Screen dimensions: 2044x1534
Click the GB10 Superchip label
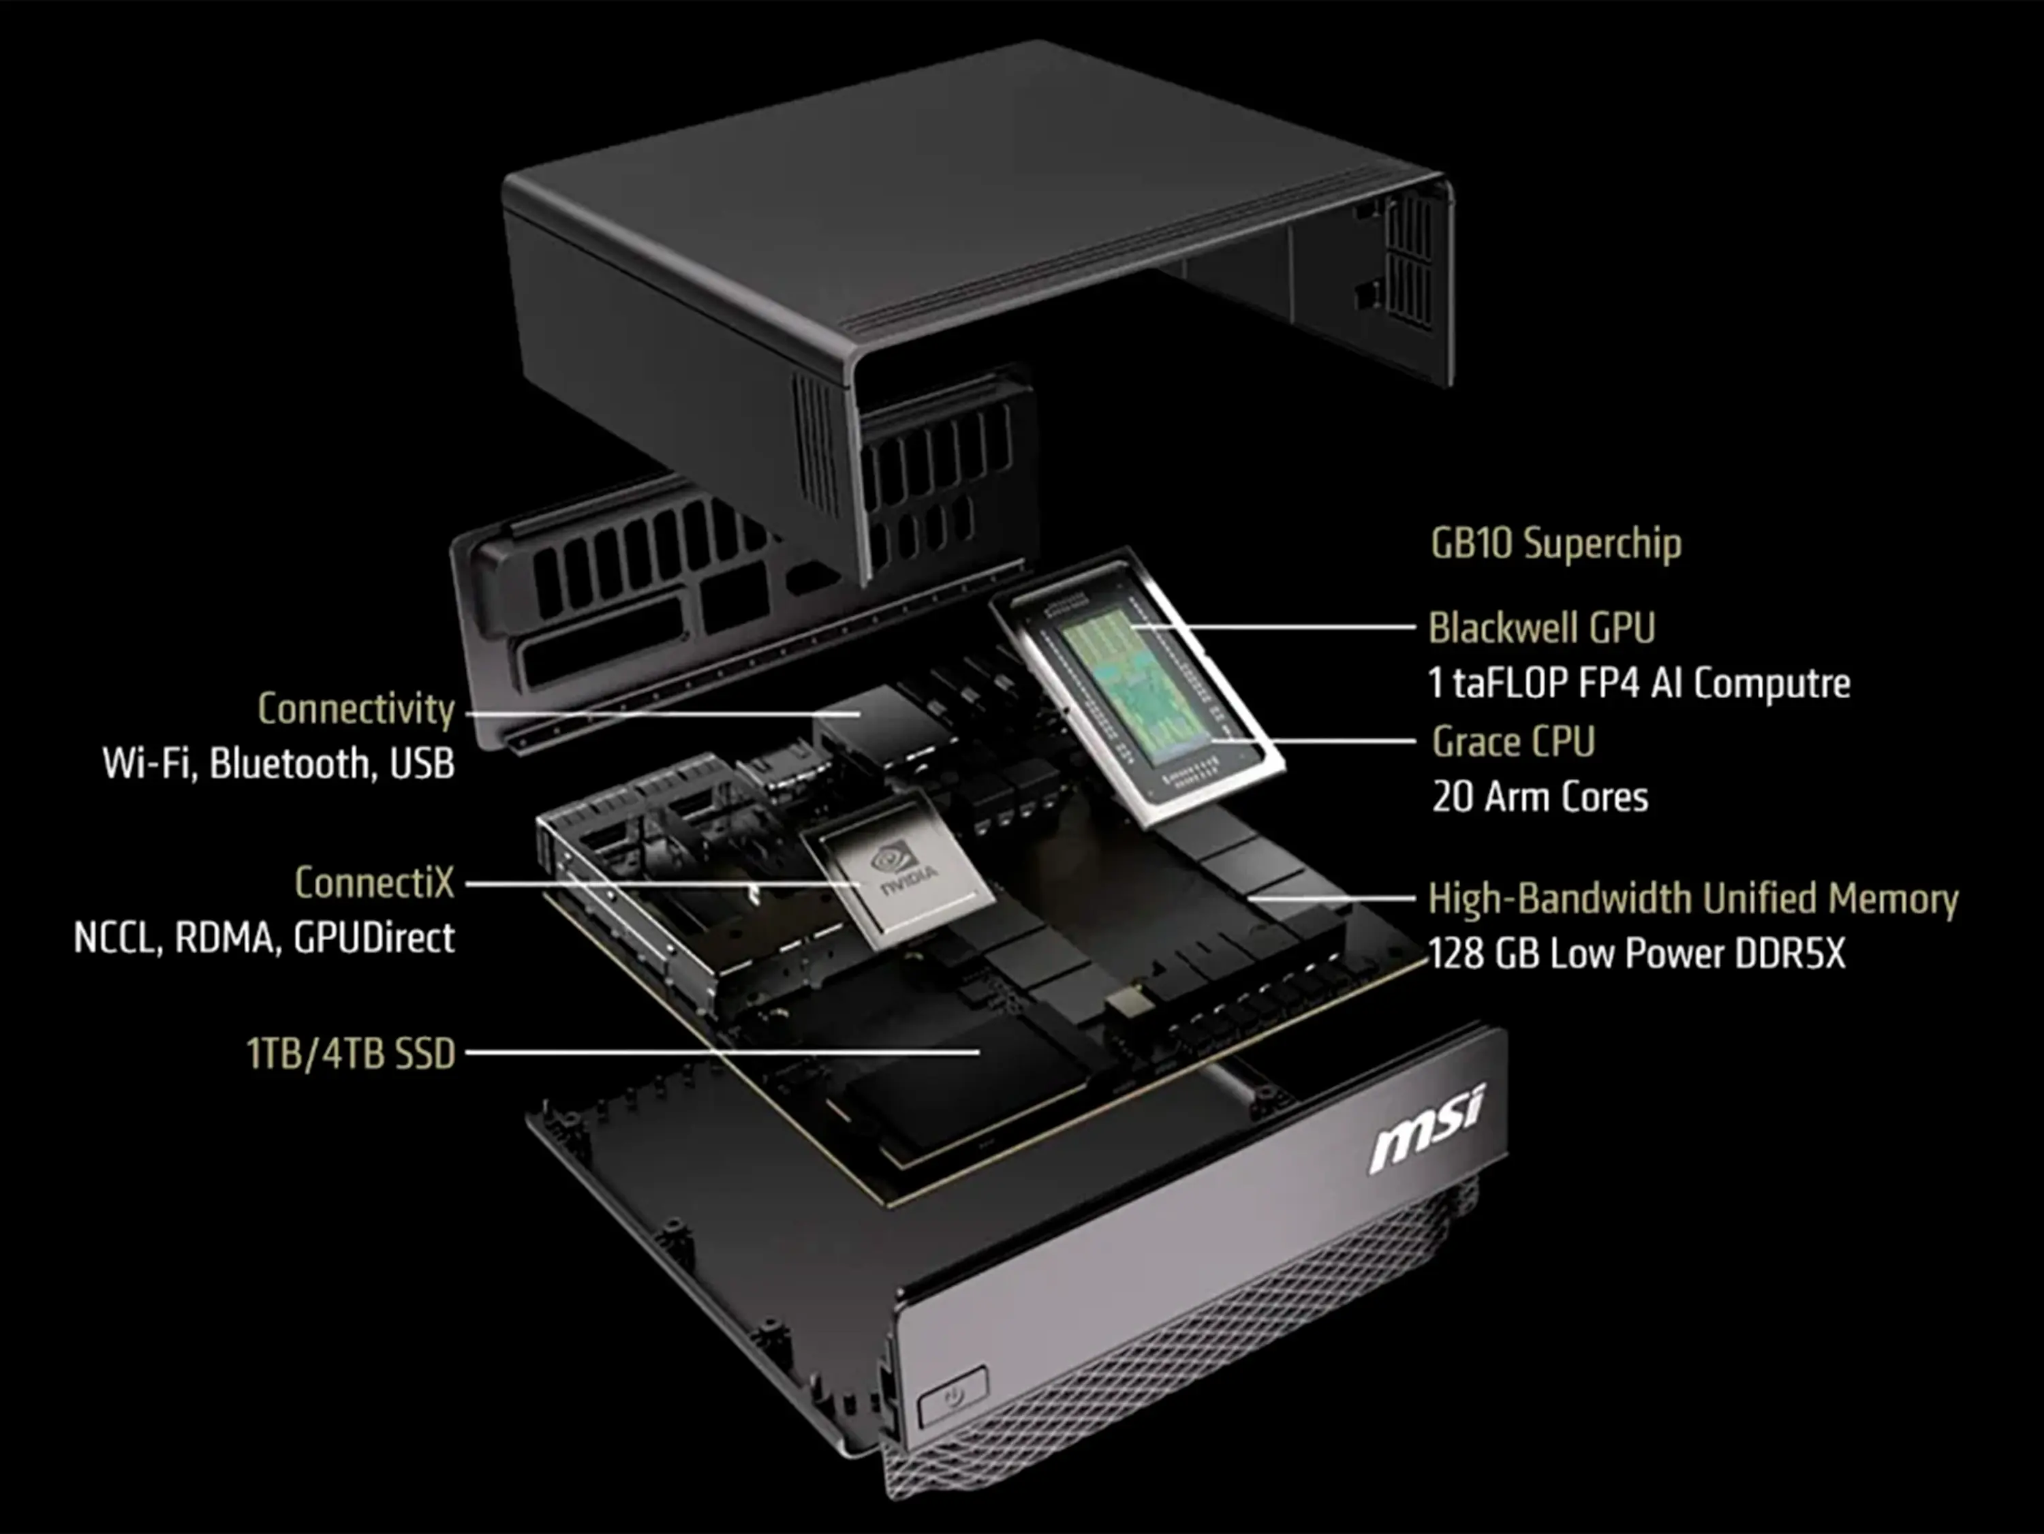point(1556,544)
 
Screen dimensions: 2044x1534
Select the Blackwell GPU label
point(1541,627)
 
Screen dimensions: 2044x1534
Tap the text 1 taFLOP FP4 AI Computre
point(1639,684)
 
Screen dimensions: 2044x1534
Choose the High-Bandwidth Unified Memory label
point(1693,898)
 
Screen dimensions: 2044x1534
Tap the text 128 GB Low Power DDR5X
point(1637,954)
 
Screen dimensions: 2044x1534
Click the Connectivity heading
point(356,710)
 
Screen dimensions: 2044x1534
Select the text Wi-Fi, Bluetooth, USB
point(278,764)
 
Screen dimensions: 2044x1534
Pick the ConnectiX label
point(374,883)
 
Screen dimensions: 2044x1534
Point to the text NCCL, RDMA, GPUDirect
point(264,938)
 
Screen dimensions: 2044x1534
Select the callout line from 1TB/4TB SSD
point(723,1052)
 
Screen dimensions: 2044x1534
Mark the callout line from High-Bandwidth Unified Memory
point(1331,897)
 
